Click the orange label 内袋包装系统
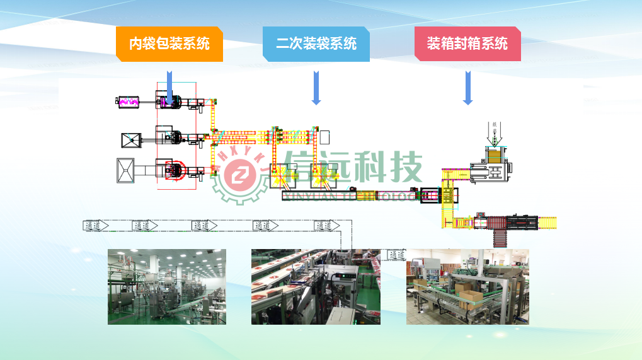tap(169, 44)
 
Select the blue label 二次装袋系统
tap(316, 44)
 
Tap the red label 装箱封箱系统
tap(467, 44)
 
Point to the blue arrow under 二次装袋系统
tap(316, 87)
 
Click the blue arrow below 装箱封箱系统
tap(467, 87)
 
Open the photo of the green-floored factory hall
tap(166, 286)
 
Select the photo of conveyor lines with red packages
tap(315, 286)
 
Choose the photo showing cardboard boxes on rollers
tap(467, 286)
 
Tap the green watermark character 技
tap(399, 168)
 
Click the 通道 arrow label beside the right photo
tap(396, 255)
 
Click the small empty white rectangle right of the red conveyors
tap(324, 137)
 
